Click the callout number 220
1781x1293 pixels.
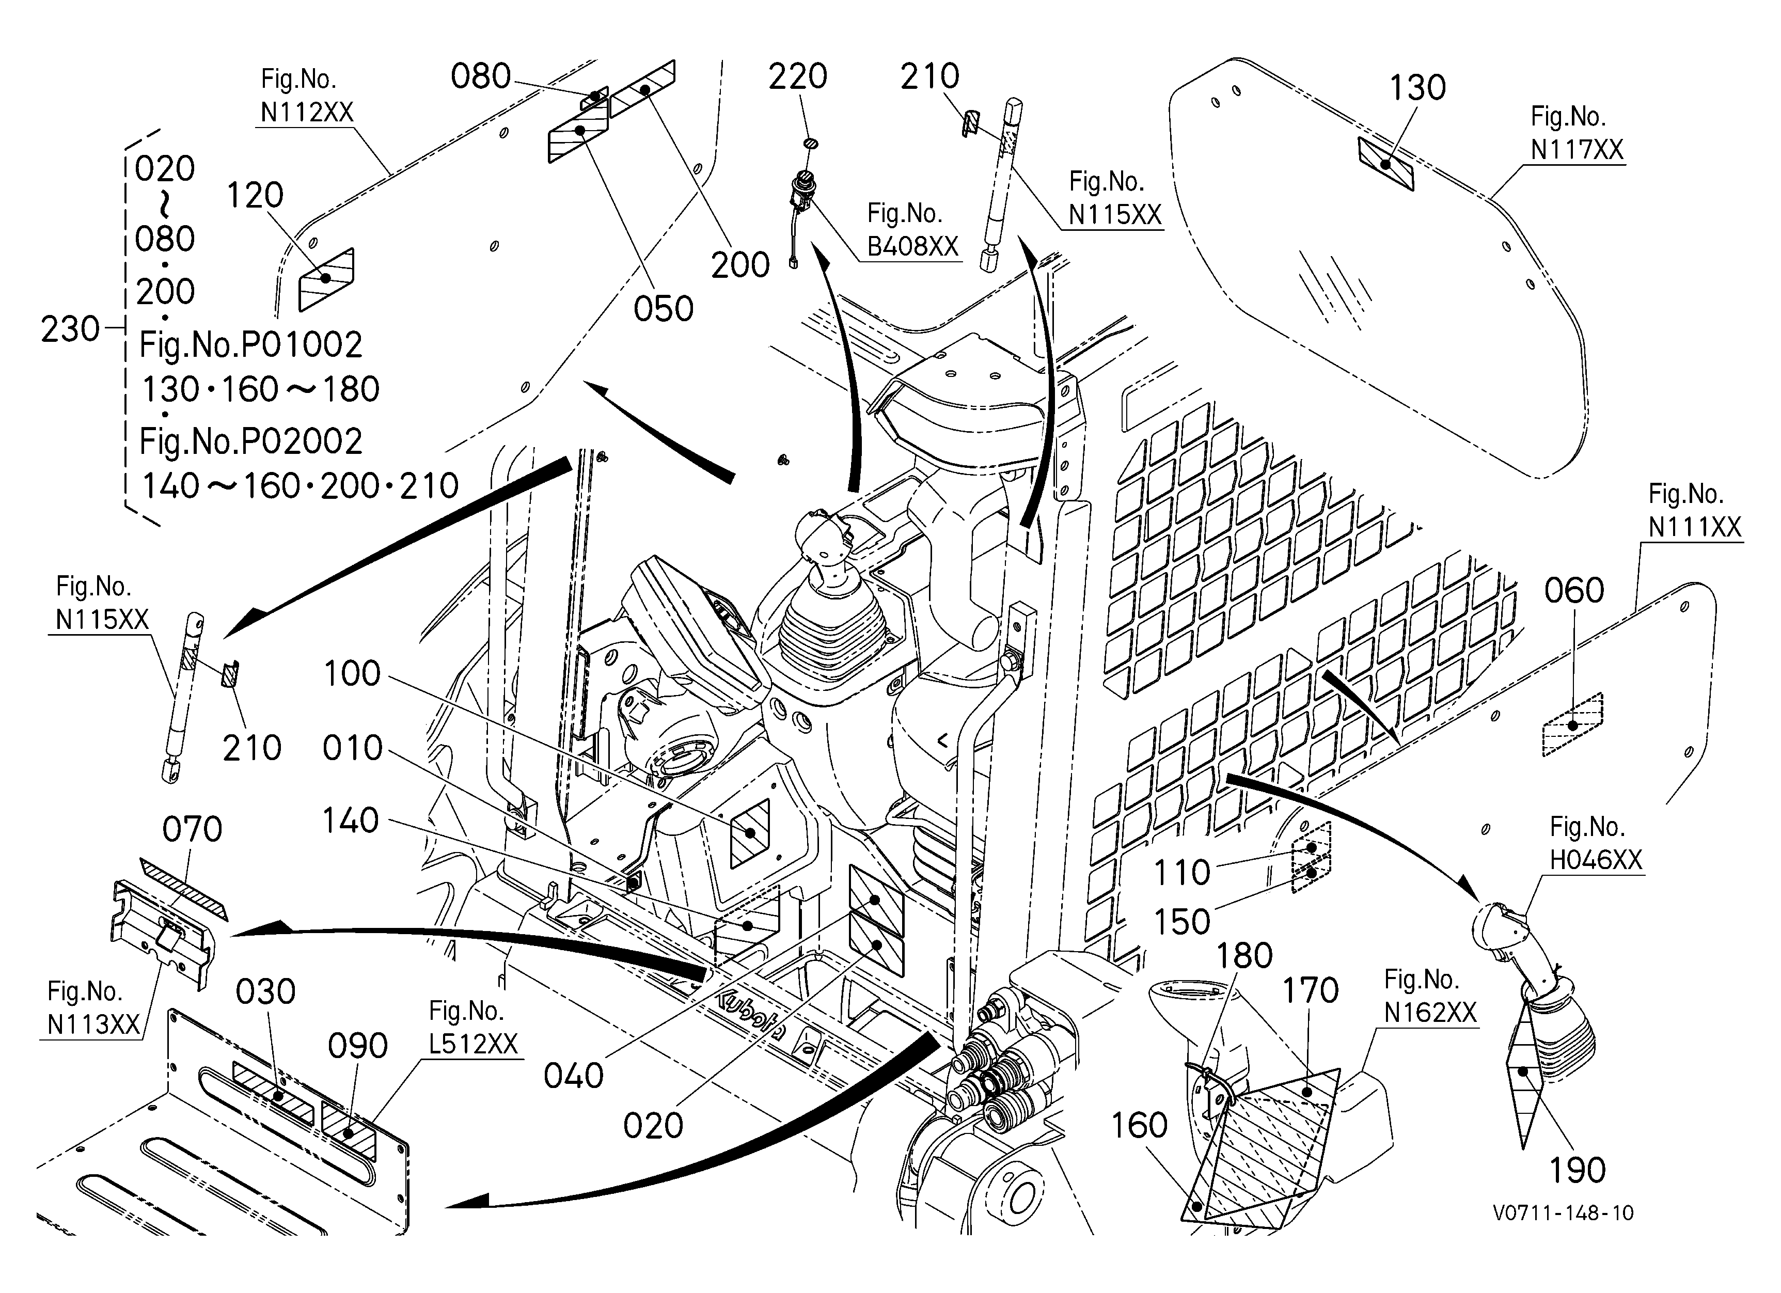click(797, 77)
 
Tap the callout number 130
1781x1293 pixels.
click(1417, 88)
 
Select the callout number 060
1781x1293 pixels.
click(1574, 590)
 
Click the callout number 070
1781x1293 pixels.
click(193, 829)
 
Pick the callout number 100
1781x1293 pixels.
click(352, 673)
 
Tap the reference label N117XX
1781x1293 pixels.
click(1577, 149)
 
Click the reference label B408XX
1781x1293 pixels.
click(912, 246)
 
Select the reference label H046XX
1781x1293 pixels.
click(1596, 860)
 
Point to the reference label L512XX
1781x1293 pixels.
click(474, 1044)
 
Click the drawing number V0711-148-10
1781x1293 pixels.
click(1563, 1213)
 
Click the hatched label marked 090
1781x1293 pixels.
click(349, 1133)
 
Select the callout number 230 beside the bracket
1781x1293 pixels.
click(71, 329)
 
